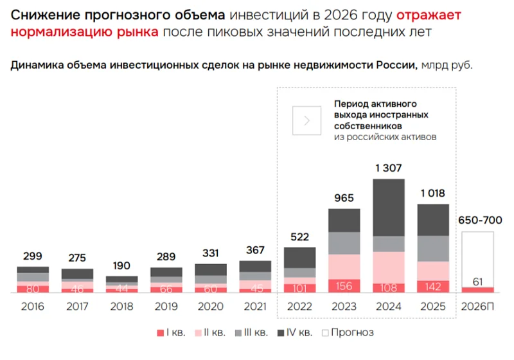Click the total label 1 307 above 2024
point(389,168)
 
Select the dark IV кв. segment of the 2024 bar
point(389,207)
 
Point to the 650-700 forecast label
point(479,221)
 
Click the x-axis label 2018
point(121,307)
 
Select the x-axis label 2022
point(299,307)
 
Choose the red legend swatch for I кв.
point(161,333)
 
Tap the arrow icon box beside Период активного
point(306,120)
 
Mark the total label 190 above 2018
point(121,265)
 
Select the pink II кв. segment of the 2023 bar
point(344,266)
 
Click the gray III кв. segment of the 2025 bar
point(433,248)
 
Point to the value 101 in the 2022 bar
point(299,287)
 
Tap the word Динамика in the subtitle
point(35,66)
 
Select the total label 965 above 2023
point(344,199)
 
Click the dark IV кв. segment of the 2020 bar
point(211,269)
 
